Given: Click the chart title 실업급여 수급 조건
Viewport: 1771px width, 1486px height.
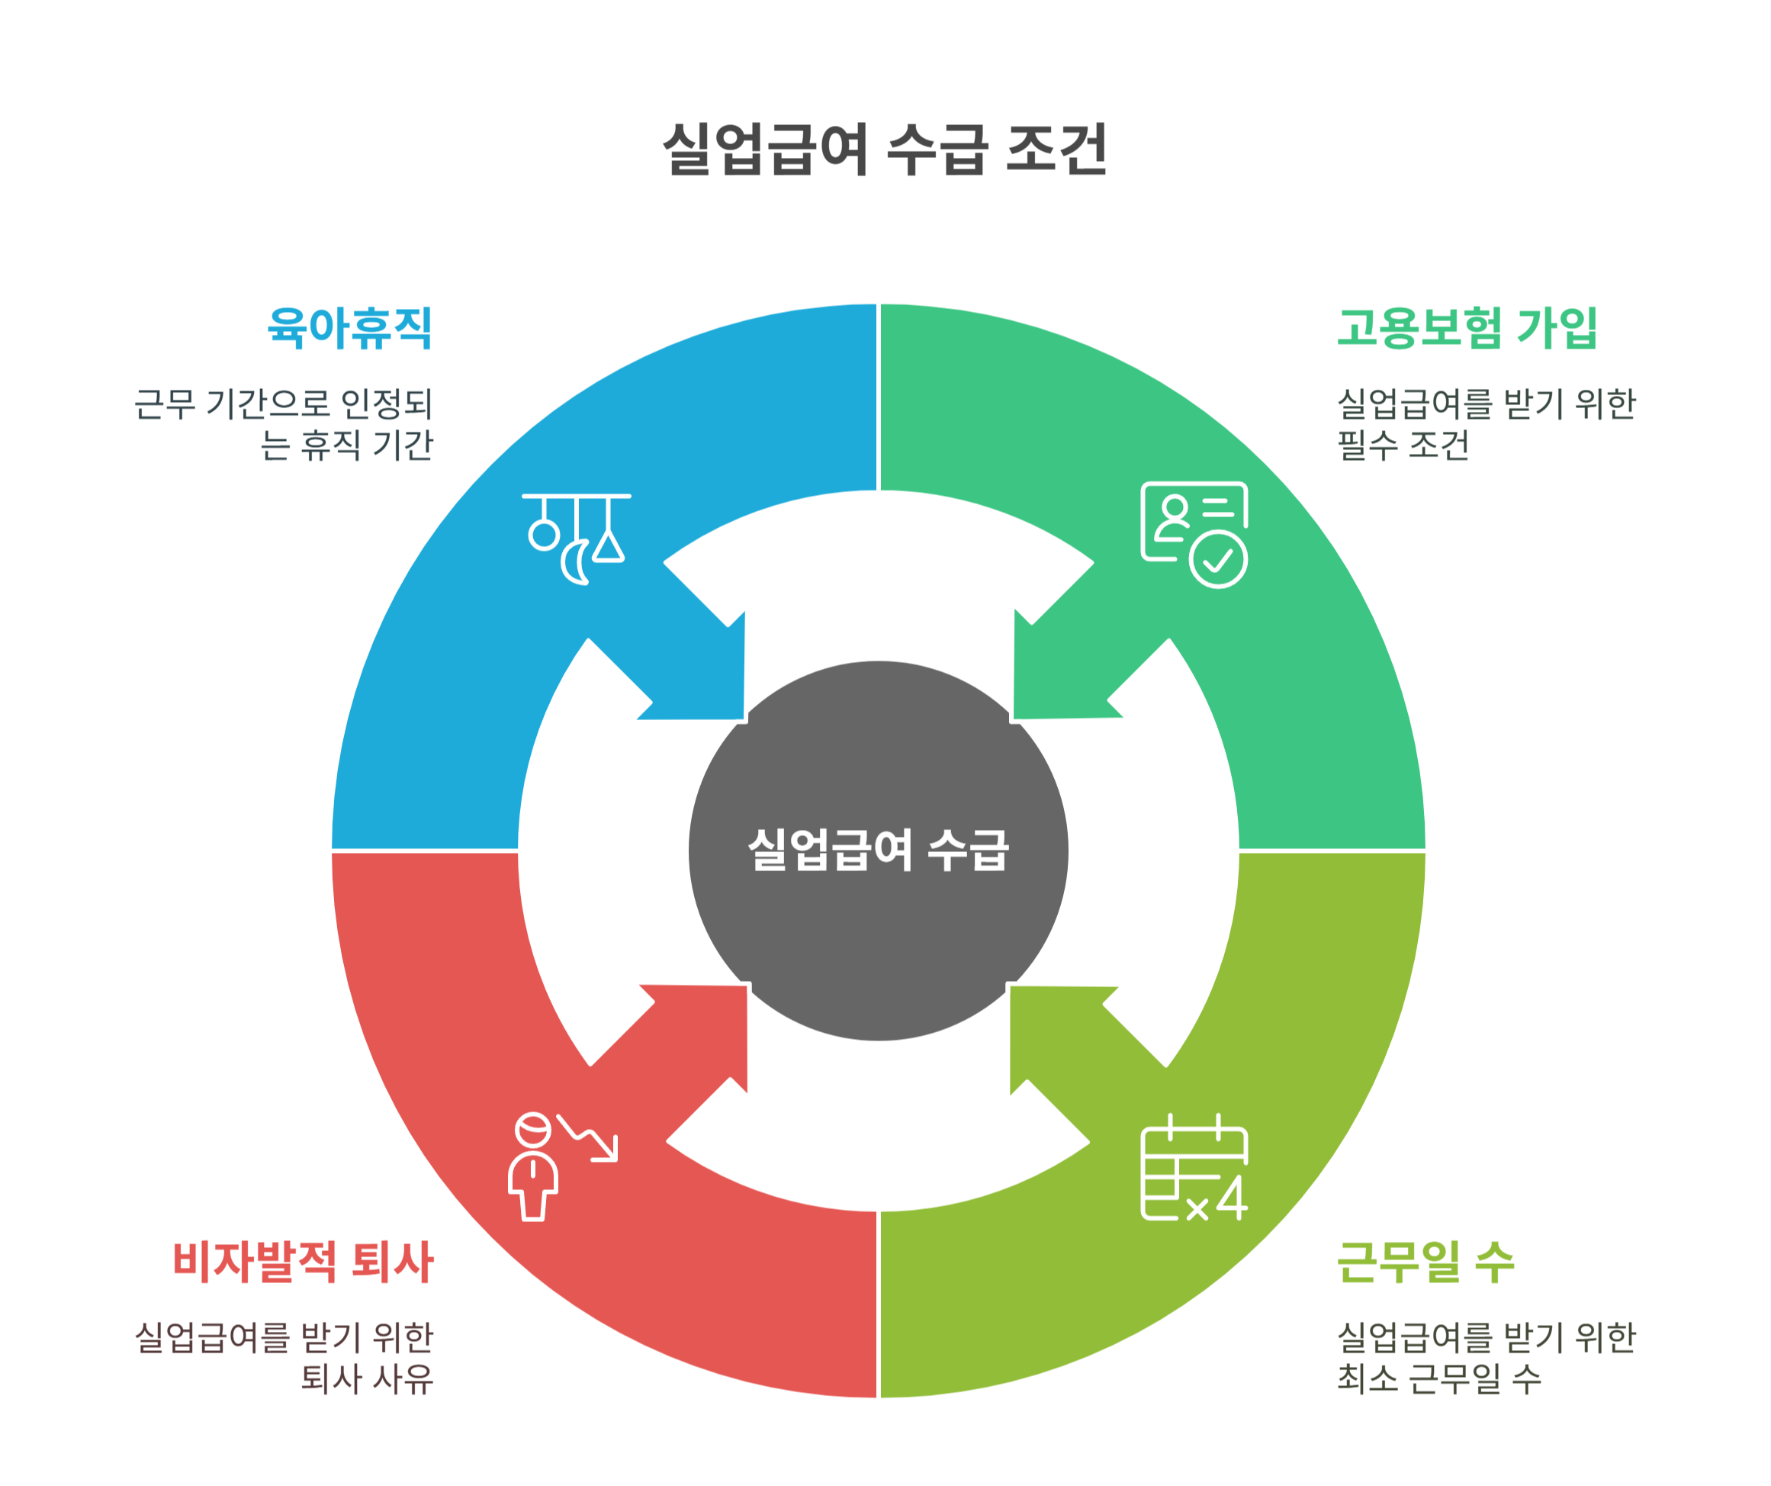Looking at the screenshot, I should click(x=885, y=150).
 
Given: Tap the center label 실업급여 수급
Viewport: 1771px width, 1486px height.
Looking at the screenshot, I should click(x=878, y=849).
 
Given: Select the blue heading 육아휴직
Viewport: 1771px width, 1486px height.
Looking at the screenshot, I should click(x=350, y=327).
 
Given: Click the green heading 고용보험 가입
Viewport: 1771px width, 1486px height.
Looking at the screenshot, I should click(x=1467, y=327).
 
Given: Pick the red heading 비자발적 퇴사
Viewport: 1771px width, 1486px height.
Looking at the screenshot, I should click(x=303, y=1262).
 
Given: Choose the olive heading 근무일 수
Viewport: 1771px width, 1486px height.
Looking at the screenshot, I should click(x=1426, y=1262).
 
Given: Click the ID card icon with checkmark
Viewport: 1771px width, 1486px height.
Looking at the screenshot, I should click(x=1194, y=534).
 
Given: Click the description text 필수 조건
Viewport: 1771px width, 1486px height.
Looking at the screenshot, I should click(x=1403, y=445).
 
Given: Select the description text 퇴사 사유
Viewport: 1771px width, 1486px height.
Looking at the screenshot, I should click(x=367, y=1379).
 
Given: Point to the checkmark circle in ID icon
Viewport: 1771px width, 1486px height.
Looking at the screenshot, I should click(x=1219, y=559).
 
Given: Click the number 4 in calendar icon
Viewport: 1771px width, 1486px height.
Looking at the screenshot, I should click(x=1232, y=1198).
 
